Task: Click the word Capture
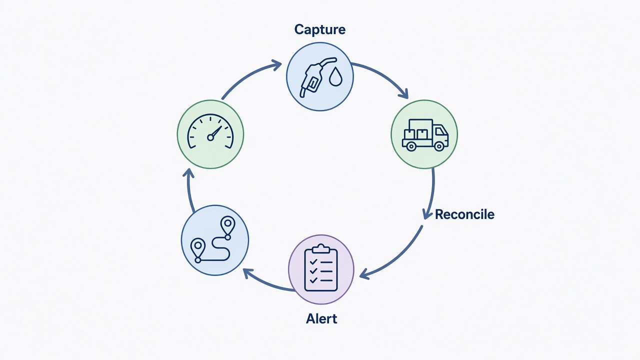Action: [319, 29]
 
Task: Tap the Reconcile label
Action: [464, 214]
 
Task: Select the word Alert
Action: [321, 318]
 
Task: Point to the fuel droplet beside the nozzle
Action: [335, 76]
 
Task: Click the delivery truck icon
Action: [425, 135]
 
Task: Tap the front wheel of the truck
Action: [439, 146]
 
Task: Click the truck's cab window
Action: [440, 131]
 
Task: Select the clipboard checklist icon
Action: [321, 268]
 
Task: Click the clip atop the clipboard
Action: [321, 248]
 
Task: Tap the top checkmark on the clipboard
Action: [313, 261]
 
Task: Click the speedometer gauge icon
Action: [210, 131]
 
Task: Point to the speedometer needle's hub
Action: [210, 137]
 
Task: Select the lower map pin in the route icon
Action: [197, 248]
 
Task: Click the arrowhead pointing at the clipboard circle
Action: [364, 274]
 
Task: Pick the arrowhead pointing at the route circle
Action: [248, 273]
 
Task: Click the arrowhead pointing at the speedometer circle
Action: [188, 173]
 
